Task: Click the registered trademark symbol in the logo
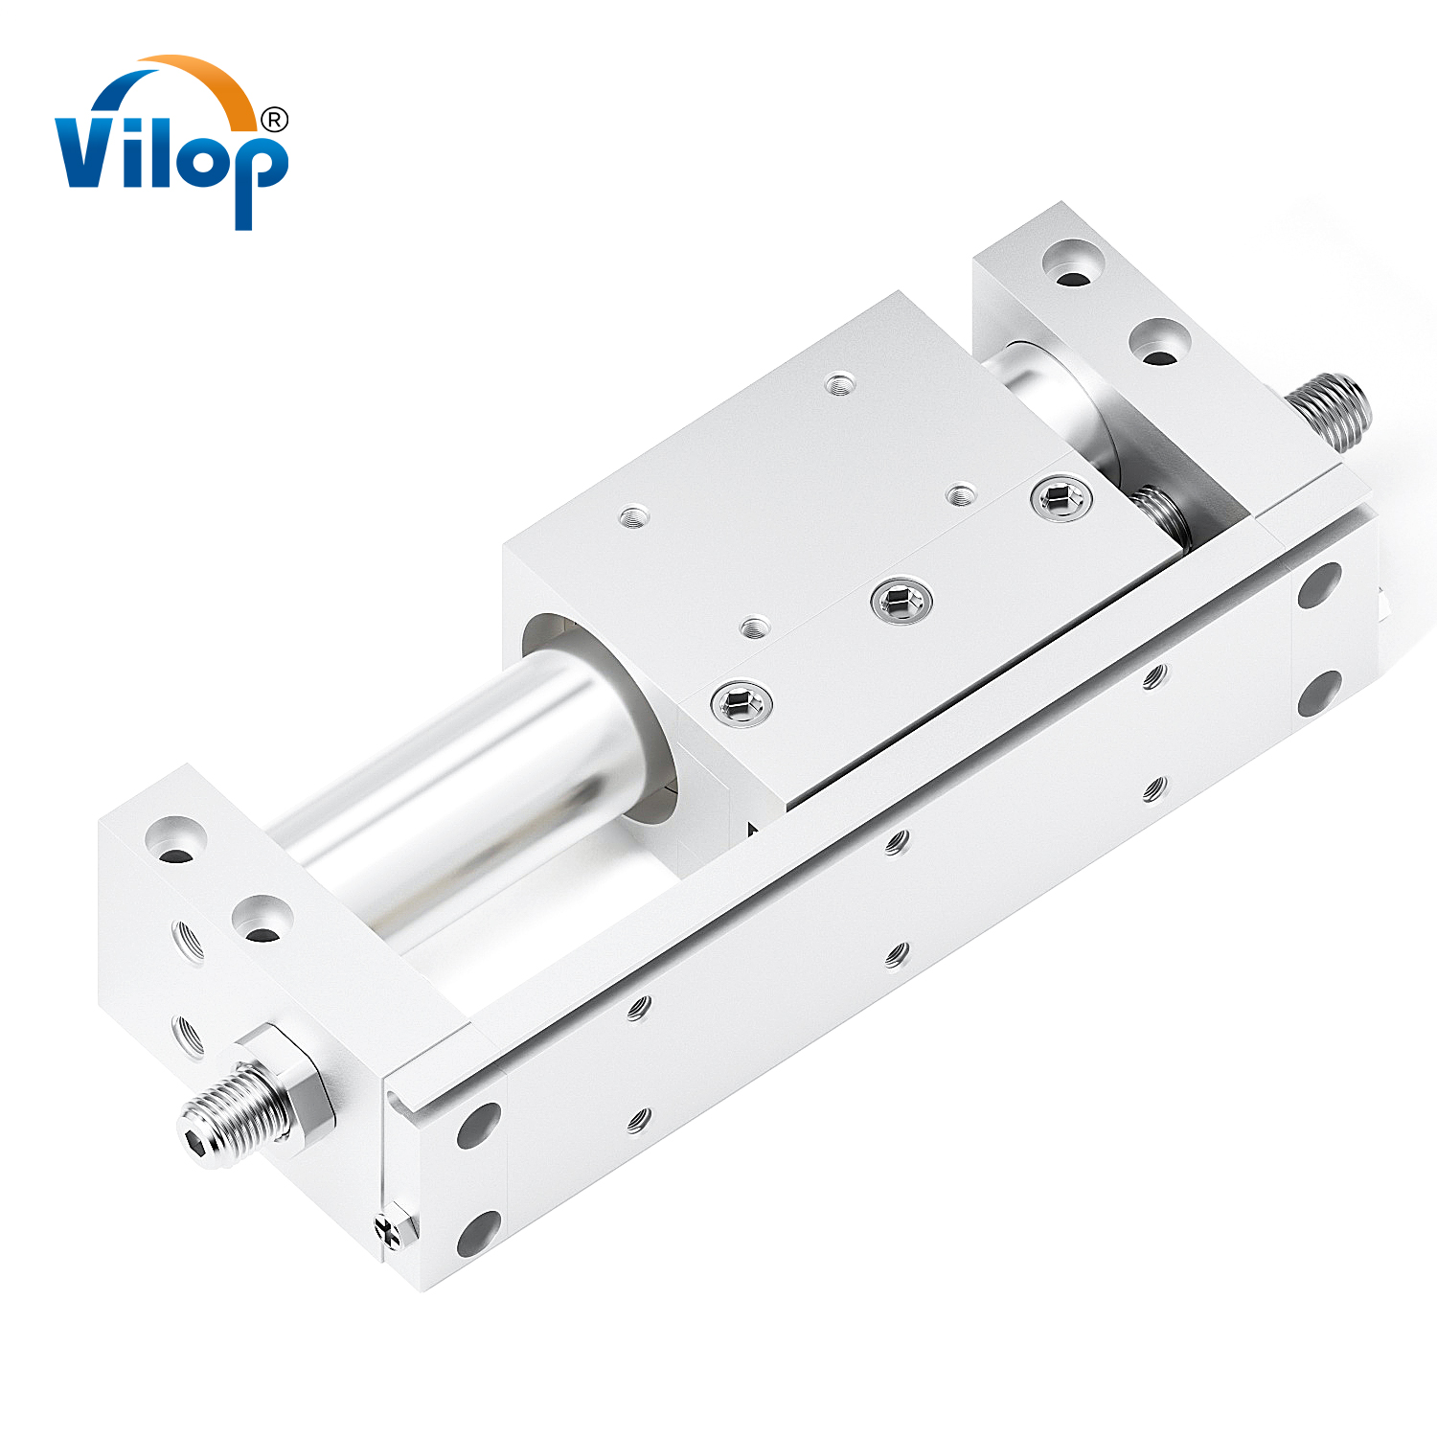(x=274, y=120)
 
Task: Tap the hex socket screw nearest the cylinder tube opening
(x=741, y=705)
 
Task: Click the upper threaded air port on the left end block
(x=188, y=940)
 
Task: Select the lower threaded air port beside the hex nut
(x=188, y=1035)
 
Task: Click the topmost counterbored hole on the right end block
(x=1072, y=262)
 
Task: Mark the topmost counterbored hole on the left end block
(x=175, y=839)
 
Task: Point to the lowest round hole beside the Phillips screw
(x=478, y=1233)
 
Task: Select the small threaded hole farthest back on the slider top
(x=840, y=384)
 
